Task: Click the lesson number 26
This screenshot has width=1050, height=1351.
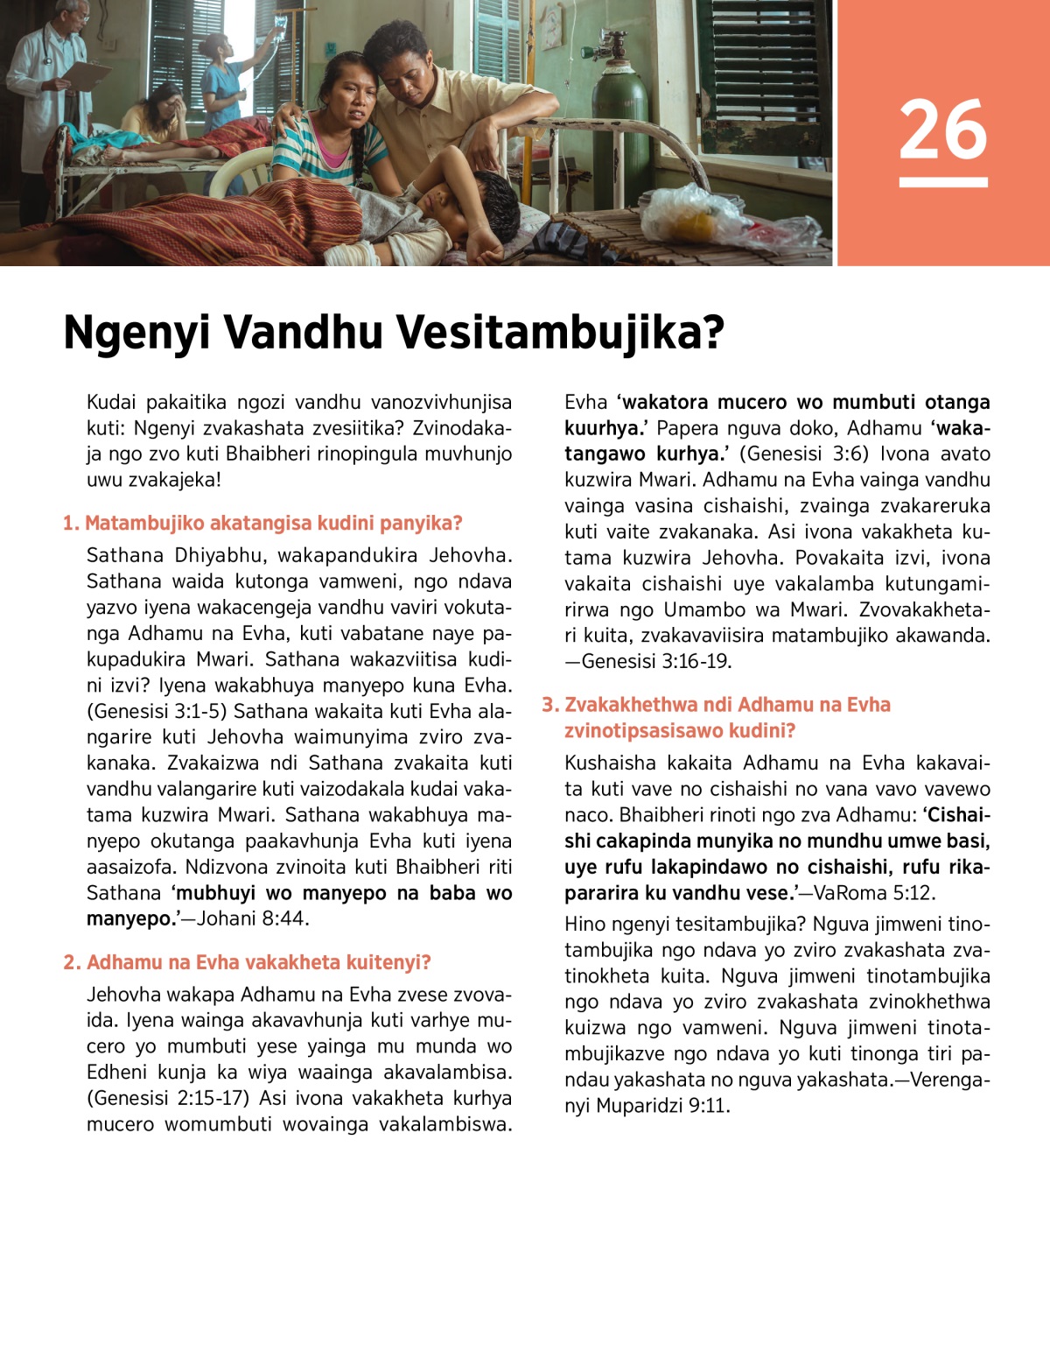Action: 942,130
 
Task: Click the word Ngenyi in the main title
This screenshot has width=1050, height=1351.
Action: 136,334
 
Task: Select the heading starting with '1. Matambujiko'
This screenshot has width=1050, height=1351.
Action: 262,523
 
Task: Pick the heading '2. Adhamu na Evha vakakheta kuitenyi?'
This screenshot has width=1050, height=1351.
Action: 248,962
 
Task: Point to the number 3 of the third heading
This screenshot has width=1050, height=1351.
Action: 549,705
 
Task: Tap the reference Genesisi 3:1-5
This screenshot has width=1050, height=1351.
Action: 157,711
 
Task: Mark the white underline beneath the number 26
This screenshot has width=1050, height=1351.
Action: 942,182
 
